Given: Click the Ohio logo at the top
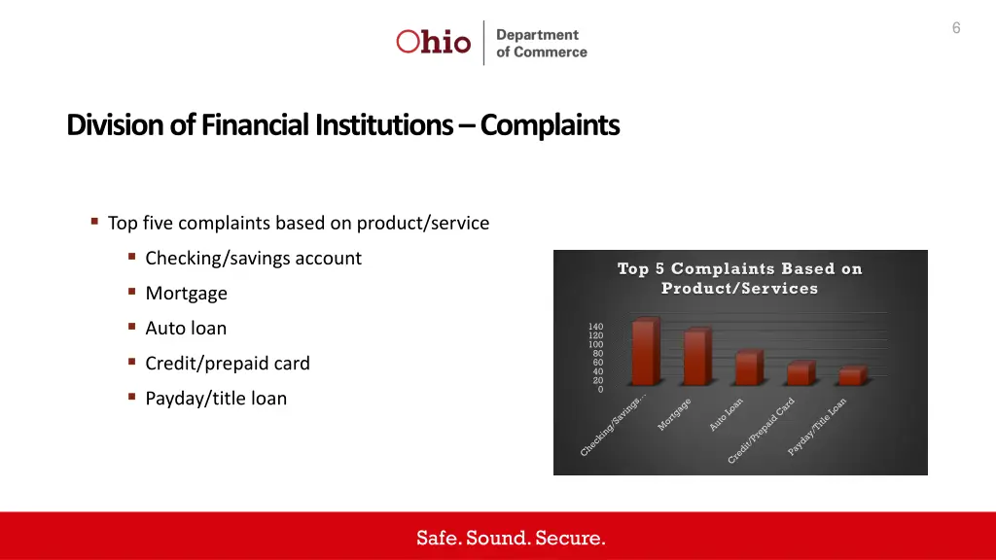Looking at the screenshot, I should point(434,42).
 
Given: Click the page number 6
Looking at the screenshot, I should point(956,28).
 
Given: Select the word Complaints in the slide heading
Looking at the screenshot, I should point(550,125).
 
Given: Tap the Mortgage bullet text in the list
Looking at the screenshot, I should point(186,293).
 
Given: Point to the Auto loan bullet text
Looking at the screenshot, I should point(186,328).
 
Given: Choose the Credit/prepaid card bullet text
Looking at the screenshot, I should point(228,363).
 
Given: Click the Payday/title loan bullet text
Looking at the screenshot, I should point(216,398).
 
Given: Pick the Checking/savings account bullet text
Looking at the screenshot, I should point(253,258).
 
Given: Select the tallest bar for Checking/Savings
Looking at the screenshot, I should point(643,353).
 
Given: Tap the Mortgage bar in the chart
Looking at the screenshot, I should point(694,358).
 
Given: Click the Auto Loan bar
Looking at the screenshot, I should point(746,368).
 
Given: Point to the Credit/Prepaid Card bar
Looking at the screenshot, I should point(798,374).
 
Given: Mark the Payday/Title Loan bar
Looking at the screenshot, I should point(849,376).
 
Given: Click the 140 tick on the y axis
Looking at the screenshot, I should point(595,327).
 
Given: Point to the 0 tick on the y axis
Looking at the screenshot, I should point(600,390).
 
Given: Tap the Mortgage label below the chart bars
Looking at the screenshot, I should point(675,415).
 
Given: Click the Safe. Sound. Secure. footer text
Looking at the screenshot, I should point(511,538).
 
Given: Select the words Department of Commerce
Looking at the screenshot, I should point(541,43).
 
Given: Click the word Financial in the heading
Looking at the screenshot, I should point(255,125).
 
